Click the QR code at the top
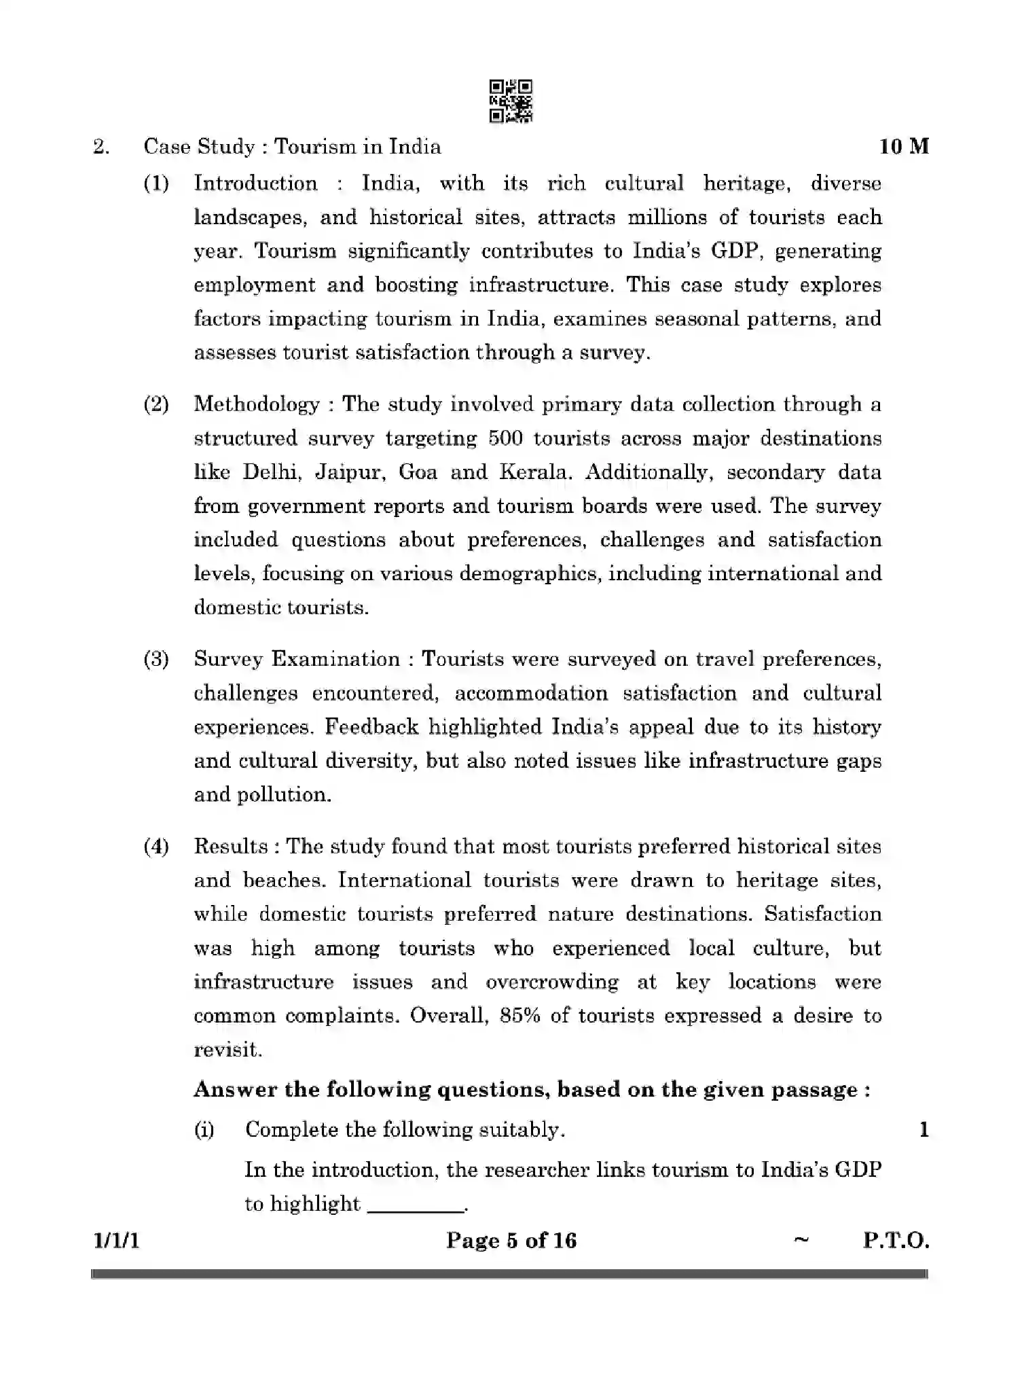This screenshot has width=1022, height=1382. point(511,101)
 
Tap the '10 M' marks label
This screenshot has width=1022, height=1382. point(904,147)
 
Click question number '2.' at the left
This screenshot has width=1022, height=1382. point(101,147)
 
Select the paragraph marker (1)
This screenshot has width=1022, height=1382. point(156,183)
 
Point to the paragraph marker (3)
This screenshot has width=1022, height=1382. point(156,659)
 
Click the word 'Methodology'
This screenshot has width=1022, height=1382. point(257,405)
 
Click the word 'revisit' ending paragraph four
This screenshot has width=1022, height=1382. point(227,1050)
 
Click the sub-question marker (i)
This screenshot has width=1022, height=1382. point(204,1130)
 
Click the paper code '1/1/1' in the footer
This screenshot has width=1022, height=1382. point(117,1241)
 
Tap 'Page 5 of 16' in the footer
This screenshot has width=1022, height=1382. point(511,1241)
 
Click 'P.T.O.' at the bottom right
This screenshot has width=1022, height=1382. point(896,1241)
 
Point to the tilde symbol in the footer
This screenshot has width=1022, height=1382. point(801,1240)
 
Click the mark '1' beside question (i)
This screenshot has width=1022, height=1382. point(924,1130)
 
